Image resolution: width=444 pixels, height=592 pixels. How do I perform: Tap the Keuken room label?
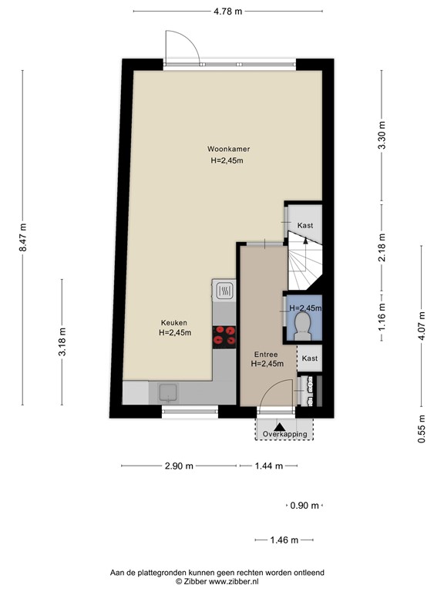[x=174, y=322]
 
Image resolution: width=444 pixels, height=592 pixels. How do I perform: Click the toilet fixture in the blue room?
[x=303, y=324]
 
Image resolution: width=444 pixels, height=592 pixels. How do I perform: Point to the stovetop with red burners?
[x=225, y=335]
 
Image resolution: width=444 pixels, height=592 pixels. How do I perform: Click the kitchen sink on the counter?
[x=169, y=393]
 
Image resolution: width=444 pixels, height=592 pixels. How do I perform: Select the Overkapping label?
[x=284, y=435]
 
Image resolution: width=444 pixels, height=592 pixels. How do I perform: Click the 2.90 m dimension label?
[x=177, y=466]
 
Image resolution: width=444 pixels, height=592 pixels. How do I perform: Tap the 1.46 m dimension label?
[x=285, y=540]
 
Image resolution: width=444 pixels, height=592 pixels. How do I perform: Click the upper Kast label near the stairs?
[x=304, y=225]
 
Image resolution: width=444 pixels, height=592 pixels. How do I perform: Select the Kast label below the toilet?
[x=309, y=359]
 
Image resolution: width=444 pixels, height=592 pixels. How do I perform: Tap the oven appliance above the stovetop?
[x=224, y=291]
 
